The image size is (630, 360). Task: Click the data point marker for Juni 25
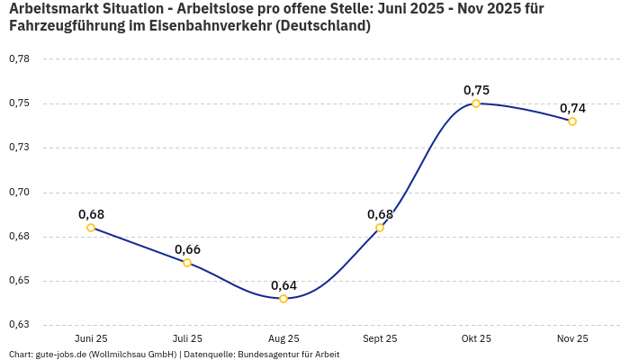pos(91,228)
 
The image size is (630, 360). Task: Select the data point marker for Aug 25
pos(283,299)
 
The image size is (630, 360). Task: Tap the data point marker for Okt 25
pos(476,103)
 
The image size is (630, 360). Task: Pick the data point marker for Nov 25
pos(572,121)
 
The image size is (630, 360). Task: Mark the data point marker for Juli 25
pos(187,263)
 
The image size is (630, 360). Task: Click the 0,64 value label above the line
pos(283,285)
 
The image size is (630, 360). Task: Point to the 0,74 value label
pos(572,108)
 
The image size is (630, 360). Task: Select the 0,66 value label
pos(187,249)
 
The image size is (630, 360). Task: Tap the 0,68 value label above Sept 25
pos(380,214)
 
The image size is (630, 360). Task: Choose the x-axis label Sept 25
pos(380,338)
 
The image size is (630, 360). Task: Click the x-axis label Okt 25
pos(476,338)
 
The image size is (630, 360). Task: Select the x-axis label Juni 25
pos(91,338)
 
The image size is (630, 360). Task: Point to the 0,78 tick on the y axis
pos(19,59)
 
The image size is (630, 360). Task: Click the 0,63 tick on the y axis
pos(19,325)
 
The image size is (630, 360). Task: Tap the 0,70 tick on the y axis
pos(19,192)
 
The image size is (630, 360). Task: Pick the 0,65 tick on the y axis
pos(19,281)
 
